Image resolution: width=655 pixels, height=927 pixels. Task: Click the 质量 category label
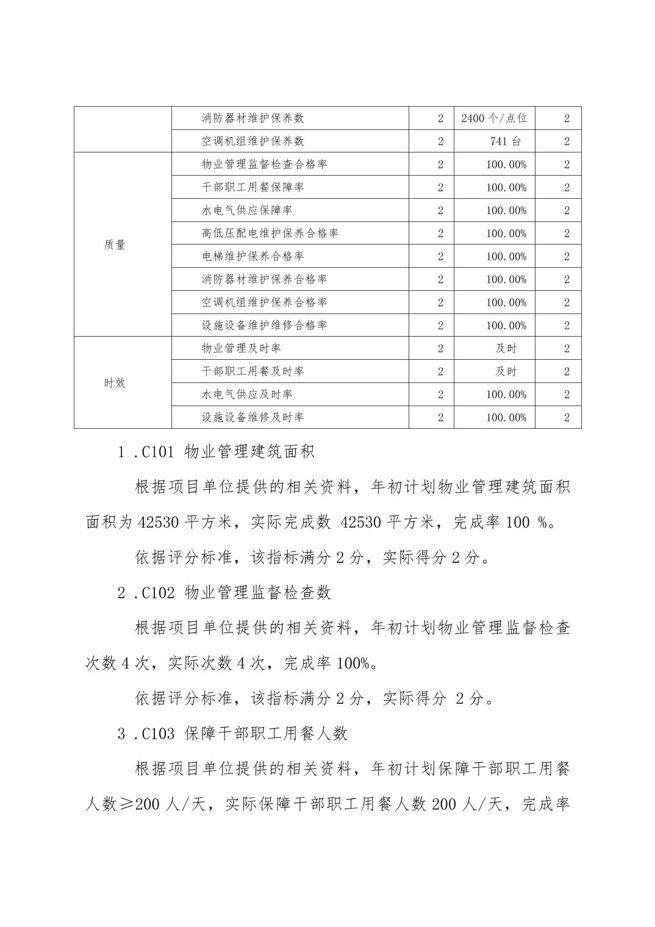[115, 245]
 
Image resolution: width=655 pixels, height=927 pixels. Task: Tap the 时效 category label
[115, 383]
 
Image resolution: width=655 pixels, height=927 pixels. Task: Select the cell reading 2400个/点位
[494, 118]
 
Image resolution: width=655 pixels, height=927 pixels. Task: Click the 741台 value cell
[506, 141]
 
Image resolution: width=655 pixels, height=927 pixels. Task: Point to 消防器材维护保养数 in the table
[252, 118]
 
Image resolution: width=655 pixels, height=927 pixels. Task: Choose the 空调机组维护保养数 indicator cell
[252, 141]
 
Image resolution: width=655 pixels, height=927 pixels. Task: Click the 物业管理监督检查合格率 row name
[264, 165]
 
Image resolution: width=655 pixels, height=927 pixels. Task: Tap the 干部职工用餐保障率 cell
[252, 187]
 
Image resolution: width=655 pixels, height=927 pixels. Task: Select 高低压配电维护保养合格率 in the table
[270, 234]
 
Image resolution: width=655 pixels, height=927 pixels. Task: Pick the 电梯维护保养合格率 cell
[252, 256]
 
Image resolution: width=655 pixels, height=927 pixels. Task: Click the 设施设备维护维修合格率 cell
[264, 326]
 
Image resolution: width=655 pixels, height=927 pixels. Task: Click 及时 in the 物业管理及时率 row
[506, 349]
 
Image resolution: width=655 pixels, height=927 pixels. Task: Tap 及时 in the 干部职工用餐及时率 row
[506, 371]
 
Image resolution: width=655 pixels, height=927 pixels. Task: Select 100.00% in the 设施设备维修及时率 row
[506, 418]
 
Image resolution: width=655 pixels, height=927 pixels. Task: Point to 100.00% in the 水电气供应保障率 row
[506, 210]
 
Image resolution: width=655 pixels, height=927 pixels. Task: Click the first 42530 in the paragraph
[158, 523]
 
